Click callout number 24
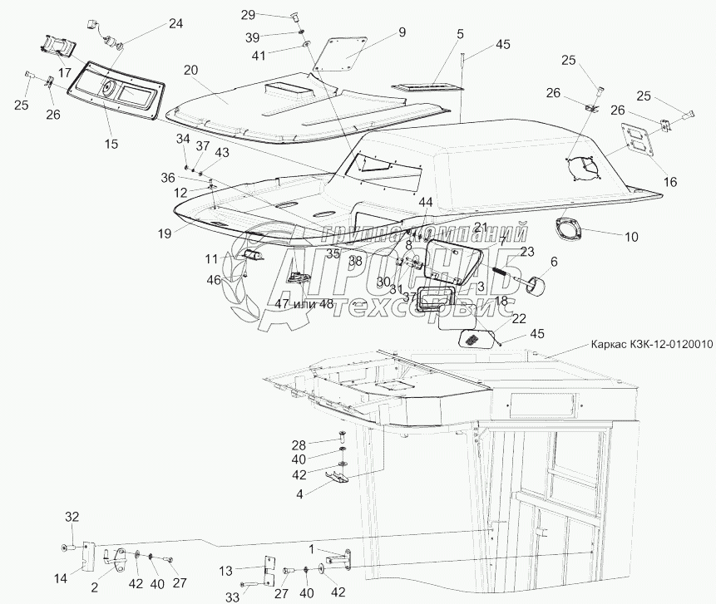175,23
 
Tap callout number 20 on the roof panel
190,71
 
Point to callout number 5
459,34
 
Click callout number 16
669,182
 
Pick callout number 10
631,237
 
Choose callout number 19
165,234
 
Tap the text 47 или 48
304,304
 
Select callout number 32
72,517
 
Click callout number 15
111,144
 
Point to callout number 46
215,280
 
